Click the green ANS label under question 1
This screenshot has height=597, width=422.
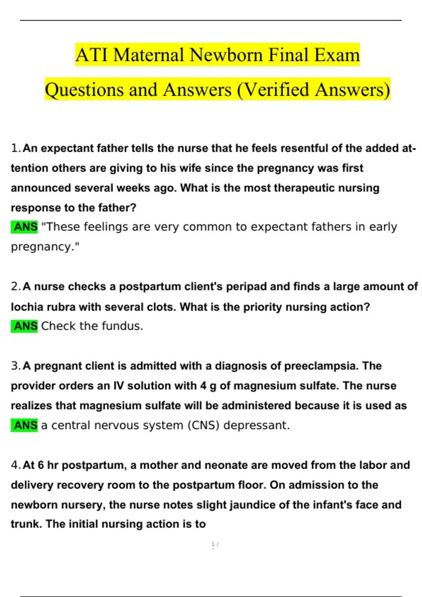coord(25,227)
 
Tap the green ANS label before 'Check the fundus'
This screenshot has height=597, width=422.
coord(25,326)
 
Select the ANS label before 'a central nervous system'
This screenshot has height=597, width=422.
coord(25,425)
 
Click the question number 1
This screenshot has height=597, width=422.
coord(15,148)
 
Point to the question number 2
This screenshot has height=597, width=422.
coord(15,287)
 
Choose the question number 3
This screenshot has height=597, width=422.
coord(15,366)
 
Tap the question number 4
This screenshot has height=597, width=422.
coord(15,465)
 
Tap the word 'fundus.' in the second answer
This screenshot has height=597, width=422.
coord(122,326)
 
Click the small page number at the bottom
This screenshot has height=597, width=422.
coord(214,545)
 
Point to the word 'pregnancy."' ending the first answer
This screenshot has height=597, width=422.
coord(45,247)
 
